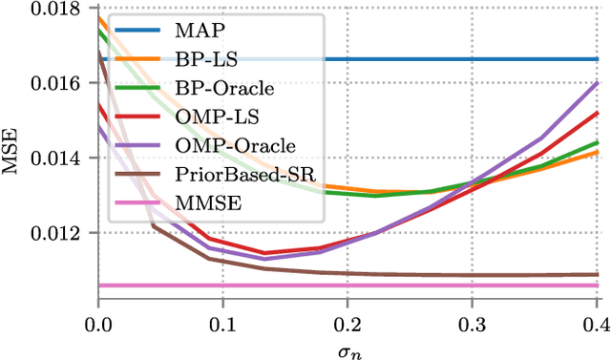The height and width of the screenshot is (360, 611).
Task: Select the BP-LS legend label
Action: (198, 59)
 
